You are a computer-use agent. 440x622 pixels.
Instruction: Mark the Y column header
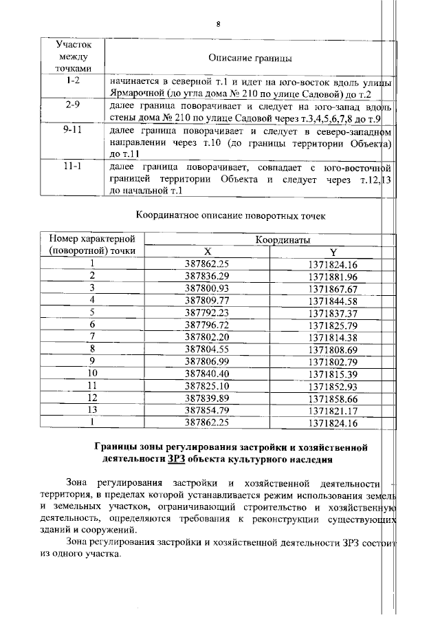click(333, 251)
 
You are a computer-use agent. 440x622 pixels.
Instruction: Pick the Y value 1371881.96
click(333, 276)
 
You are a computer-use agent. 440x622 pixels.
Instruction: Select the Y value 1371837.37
click(333, 312)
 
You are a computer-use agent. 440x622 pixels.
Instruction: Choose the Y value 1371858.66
click(333, 398)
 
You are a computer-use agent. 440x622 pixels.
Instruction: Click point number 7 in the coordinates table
click(91, 337)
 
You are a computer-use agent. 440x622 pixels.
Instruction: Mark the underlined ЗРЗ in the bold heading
click(175, 459)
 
